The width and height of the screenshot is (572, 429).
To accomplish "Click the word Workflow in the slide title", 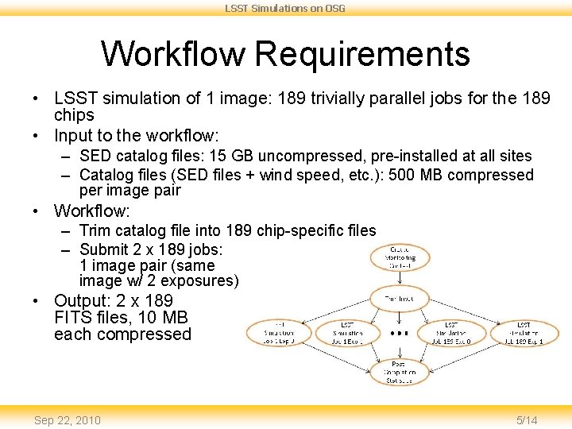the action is pos(174,54).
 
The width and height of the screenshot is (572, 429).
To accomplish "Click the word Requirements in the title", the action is pos(362,54).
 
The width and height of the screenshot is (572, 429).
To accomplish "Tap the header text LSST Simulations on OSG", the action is pos(285,8).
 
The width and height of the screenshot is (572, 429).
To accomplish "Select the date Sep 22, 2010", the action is pos(68,419).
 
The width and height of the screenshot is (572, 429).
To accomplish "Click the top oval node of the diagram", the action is pos(400,257).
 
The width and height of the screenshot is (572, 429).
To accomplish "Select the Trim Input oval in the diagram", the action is pos(400,300).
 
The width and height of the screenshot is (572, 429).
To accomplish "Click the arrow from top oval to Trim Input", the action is pos(400,280).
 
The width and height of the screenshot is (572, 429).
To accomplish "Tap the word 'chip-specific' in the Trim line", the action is pos(300,231).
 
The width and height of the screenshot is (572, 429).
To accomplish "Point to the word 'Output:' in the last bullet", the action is pos(82,301).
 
